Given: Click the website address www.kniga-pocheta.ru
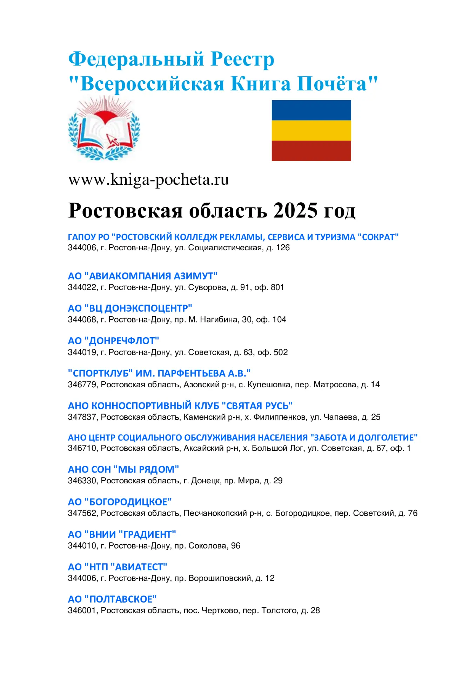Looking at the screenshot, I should pos(148,179).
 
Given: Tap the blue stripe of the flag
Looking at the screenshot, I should pos(311,110).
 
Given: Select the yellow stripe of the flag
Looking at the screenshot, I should pos(311,130).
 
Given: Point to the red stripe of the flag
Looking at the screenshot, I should pos(311,151).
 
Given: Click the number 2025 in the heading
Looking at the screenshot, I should pos(295,210).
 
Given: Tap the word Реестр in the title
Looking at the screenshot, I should pos(242,59).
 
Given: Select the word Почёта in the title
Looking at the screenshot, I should pos(332,84).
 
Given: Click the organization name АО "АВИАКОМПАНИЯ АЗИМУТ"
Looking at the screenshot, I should pos(143,276).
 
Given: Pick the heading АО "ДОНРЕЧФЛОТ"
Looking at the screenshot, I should pos(113,341).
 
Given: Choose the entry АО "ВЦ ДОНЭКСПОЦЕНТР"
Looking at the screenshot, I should pos(130,308).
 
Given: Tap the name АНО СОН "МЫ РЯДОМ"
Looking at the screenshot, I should pos(123,469).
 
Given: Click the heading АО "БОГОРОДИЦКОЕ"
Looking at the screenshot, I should pos(120,502).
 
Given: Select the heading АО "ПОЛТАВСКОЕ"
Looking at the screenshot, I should pos(112,599).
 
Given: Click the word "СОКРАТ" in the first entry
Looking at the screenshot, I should pos(378,237).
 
